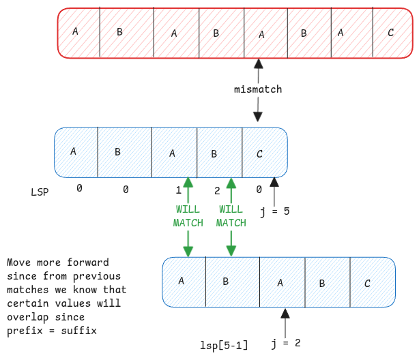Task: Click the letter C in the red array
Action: point(390,32)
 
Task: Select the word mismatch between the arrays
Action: point(258,89)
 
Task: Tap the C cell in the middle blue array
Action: point(260,153)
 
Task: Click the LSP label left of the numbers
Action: point(40,194)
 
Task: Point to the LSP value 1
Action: point(178,190)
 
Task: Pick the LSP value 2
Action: point(218,190)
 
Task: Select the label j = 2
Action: point(287,342)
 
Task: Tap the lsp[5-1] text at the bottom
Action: point(224,346)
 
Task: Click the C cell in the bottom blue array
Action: point(368,283)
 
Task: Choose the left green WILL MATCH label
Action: point(188,216)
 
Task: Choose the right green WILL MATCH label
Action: point(231,216)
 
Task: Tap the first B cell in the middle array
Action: point(117,151)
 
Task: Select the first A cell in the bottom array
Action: point(182,280)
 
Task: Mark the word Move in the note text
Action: point(18,262)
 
